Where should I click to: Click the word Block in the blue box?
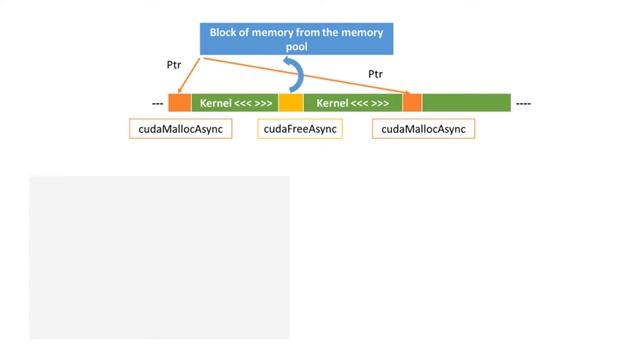(x=224, y=32)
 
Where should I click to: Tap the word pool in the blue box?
(x=297, y=46)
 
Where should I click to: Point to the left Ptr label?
(x=174, y=65)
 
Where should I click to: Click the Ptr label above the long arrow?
(x=376, y=74)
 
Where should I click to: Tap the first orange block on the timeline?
(x=179, y=102)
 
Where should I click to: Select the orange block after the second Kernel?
(x=412, y=102)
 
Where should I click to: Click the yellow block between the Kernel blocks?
(x=290, y=102)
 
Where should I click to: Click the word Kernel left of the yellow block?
(x=216, y=102)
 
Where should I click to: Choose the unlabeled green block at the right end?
(x=466, y=102)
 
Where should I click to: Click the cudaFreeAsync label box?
(x=300, y=129)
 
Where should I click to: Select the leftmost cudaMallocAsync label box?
(x=181, y=129)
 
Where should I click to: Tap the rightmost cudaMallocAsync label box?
(x=423, y=129)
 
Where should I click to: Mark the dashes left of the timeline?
(x=157, y=103)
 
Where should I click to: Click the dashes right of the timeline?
(x=523, y=103)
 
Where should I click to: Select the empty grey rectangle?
(x=159, y=257)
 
